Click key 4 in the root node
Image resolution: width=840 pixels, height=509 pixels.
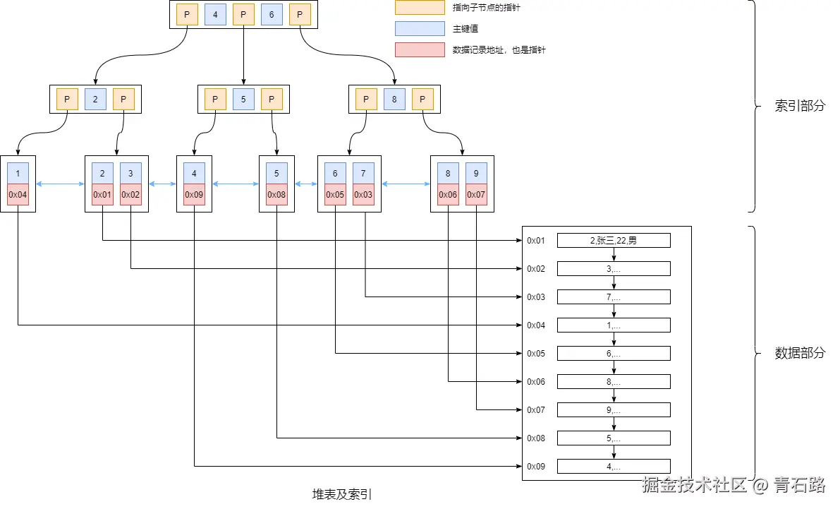[215, 14]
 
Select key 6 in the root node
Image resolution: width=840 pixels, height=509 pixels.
[272, 14]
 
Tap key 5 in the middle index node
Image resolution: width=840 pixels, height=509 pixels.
[243, 100]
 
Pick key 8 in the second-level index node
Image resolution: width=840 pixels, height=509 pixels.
[394, 100]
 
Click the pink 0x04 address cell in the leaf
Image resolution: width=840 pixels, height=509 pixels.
[18, 194]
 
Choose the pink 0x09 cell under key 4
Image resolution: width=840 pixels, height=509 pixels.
[194, 194]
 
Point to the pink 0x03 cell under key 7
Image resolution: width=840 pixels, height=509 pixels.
[363, 194]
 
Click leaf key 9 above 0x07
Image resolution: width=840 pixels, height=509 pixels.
[476, 173]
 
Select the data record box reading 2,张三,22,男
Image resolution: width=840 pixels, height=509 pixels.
[614, 241]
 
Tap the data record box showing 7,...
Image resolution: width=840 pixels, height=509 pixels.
[614, 297]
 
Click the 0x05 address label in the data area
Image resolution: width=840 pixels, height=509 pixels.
[536, 354]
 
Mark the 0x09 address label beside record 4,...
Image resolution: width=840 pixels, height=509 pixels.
[536, 467]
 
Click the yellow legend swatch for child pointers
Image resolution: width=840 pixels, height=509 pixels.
[419, 8]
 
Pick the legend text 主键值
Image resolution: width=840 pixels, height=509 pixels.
[465, 29]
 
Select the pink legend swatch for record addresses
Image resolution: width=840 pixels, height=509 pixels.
[419, 50]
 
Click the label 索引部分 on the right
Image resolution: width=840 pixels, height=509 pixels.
[799, 107]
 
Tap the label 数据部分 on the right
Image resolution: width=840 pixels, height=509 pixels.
[799, 353]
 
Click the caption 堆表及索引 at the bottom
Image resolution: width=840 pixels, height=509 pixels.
[342, 494]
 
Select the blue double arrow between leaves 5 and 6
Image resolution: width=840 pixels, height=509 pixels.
[306, 184]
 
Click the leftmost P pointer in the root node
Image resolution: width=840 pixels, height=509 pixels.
[187, 14]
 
